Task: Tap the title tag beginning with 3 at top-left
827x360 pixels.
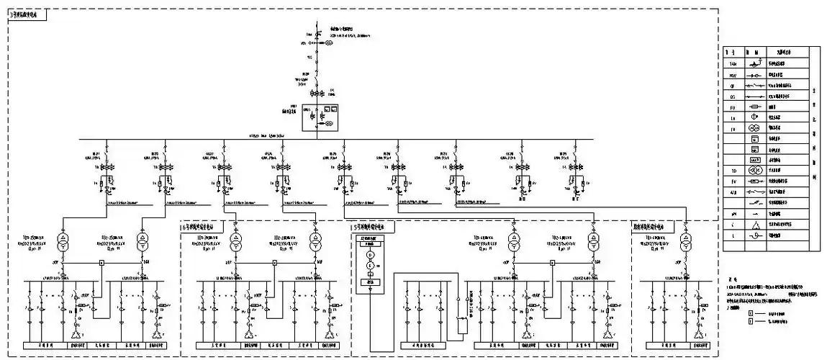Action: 27,14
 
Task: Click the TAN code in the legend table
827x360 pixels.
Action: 732,64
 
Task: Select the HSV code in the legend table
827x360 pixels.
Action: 732,74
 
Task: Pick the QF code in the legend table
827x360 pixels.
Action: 732,85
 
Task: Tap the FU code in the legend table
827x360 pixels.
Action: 732,107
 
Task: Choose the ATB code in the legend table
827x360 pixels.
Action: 732,193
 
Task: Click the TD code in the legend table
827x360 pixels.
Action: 732,171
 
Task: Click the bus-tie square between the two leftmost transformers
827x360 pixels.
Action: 101,264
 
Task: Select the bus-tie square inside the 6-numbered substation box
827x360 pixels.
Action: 274,264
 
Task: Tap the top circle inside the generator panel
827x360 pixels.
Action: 371,256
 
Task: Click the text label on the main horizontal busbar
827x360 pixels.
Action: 267,135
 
